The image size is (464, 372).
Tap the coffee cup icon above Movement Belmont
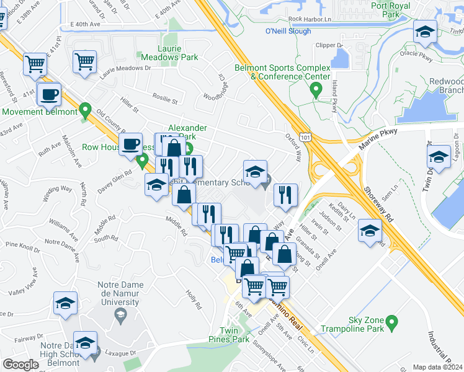(x=48, y=95)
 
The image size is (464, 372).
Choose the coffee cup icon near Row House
(x=130, y=144)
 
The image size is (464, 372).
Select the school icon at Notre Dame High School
(x=86, y=343)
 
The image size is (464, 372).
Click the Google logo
(x=20, y=365)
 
